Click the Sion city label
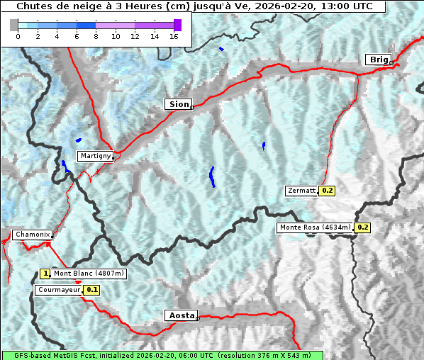(x=179, y=104)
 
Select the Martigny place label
(x=94, y=156)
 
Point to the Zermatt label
(x=302, y=191)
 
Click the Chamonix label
(x=32, y=235)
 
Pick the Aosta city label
(x=181, y=315)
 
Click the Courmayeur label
(x=59, y=290)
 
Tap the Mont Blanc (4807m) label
(x=89, y=274)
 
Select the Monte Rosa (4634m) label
(x=315, y=227)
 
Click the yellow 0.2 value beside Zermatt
(x=327, y=191)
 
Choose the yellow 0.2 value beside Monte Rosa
(x=362, y=227)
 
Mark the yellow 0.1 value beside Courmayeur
(x=92, y=290)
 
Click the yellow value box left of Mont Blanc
(x=45, y=274)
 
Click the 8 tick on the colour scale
(x=96, y=36)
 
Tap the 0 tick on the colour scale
(x=18, y=36)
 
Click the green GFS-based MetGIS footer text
(x=162, y=355)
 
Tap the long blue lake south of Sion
(x=212, y=176)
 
